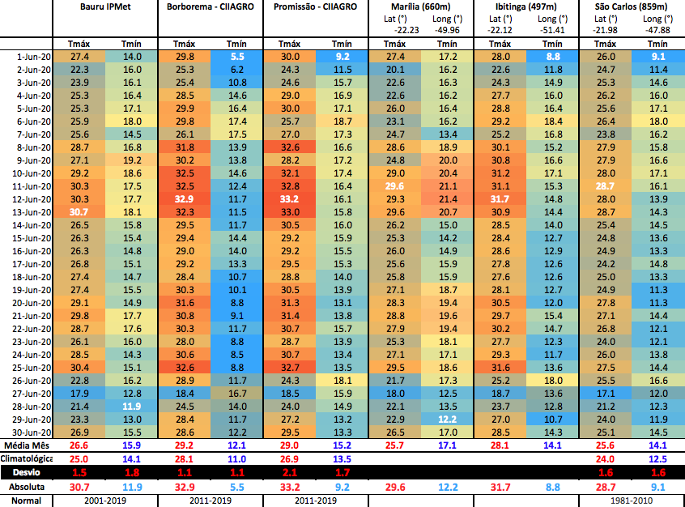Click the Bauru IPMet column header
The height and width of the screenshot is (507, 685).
104,6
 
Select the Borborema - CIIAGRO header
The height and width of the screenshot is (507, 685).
210,6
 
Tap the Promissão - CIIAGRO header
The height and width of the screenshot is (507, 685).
315,6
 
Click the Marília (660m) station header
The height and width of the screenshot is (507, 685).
420,6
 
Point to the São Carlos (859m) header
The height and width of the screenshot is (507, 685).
632,6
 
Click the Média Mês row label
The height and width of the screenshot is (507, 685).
26,445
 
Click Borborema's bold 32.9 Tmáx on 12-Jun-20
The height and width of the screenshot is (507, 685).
184,199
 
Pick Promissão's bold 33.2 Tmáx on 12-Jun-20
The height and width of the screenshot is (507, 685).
289,199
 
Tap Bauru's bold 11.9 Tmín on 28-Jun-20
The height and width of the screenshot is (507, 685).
131,407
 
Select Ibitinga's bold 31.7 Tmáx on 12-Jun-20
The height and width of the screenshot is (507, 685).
500,199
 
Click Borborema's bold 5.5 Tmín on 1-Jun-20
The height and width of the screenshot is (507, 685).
236,57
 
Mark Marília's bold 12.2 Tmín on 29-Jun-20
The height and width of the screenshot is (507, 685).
447,420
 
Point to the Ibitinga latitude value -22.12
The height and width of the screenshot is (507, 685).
500,30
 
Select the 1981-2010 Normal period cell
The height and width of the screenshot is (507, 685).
632,501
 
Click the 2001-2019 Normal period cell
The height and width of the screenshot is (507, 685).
104,501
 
